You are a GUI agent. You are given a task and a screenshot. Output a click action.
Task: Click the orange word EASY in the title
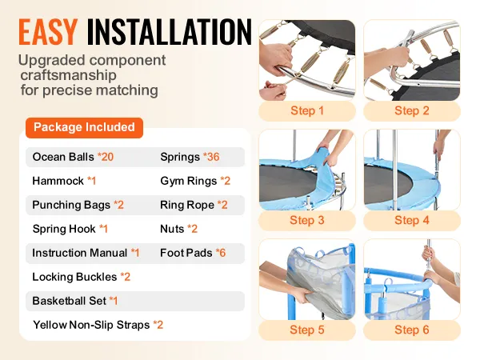(48, 32)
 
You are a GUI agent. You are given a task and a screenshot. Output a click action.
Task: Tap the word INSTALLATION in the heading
(170, 32)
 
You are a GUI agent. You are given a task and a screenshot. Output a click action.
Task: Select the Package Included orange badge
(84, 127)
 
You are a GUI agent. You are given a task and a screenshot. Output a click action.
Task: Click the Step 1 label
(307, 111)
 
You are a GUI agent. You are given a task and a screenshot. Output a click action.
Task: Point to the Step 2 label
(412, 111)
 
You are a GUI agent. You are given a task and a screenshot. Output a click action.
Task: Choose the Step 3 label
(307, 221)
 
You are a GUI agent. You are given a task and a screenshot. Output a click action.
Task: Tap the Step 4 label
(412, 221)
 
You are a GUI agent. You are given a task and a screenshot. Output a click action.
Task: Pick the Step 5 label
(307, 330)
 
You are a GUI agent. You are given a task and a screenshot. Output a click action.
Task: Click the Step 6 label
(412, 330)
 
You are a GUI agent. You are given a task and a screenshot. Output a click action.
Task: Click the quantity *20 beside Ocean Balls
(106, 157)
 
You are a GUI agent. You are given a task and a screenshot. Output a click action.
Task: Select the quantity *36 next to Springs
(211, 157)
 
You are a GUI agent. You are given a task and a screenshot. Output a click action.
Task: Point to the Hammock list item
(64, 181)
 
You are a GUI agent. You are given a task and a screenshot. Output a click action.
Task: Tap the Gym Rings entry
(195, 182)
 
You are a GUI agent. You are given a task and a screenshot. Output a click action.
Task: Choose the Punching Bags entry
(78, 205)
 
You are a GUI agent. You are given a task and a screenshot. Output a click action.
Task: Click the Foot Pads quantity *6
(221, 253)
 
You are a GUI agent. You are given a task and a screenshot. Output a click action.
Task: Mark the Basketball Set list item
(75, 301)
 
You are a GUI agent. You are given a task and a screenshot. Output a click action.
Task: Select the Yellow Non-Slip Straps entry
(98, 325)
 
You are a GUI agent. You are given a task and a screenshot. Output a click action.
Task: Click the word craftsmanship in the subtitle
(68, 75)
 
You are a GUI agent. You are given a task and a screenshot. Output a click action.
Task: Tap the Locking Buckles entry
(82, 277)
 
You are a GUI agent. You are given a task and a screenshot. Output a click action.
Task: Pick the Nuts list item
(178, 229)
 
